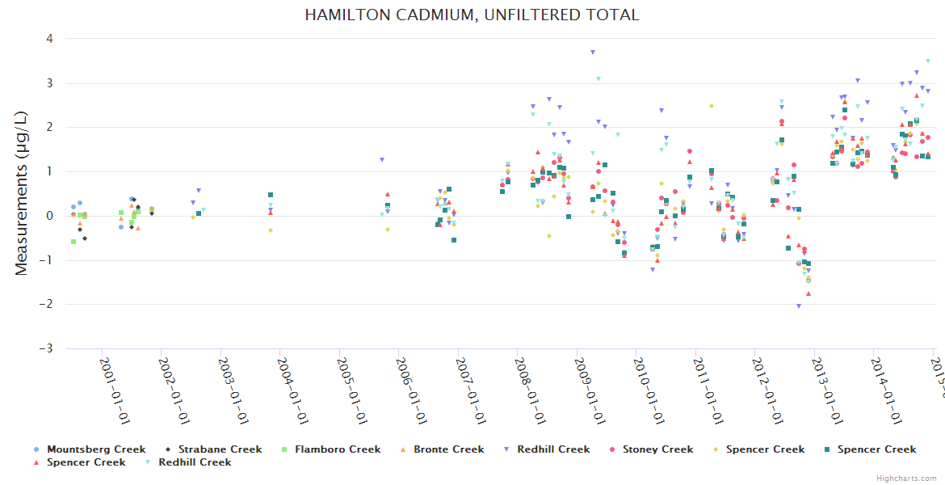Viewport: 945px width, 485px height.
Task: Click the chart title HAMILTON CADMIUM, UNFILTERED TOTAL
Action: pos(472,15)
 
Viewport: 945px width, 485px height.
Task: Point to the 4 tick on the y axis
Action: pos(49,39)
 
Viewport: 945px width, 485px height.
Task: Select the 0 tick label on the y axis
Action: pos(49,216)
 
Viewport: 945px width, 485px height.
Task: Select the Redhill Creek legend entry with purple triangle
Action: pos(553,449)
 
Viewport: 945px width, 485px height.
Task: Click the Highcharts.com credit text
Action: pos(907,478)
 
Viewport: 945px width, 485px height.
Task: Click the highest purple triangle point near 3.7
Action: pos(593,52)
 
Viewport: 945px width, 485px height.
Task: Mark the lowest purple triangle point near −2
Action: pos(799,306)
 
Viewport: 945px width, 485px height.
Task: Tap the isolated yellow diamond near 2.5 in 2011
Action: pos(712,106)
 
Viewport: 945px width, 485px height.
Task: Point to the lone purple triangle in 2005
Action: pos(382,160)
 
